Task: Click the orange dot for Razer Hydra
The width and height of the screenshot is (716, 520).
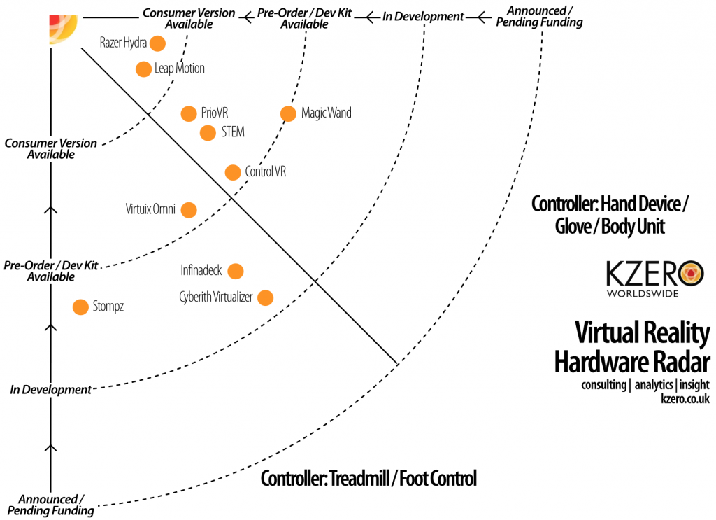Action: [157, 43]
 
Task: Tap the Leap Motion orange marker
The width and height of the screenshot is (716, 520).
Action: [143, 69]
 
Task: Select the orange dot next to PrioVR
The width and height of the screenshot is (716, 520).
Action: [188, 113]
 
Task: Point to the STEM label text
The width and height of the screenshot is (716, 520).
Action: [233, 132]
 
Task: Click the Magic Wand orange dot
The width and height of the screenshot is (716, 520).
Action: [287, 113]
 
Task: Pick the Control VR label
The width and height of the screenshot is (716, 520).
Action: [265, 171]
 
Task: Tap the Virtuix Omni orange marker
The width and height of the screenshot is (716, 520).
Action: [188, 209]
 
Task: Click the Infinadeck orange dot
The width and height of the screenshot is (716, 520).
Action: [236, 271]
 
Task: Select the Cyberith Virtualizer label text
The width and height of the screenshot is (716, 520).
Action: [215, 297]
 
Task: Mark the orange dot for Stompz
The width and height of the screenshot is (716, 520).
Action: [81, 307]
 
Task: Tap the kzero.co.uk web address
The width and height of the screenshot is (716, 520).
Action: [685, 400]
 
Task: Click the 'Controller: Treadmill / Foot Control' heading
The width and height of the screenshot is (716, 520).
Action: [368, 479]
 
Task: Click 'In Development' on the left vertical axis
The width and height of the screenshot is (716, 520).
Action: [51, 389]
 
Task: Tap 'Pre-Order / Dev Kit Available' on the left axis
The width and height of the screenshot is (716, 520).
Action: [51, 272]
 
